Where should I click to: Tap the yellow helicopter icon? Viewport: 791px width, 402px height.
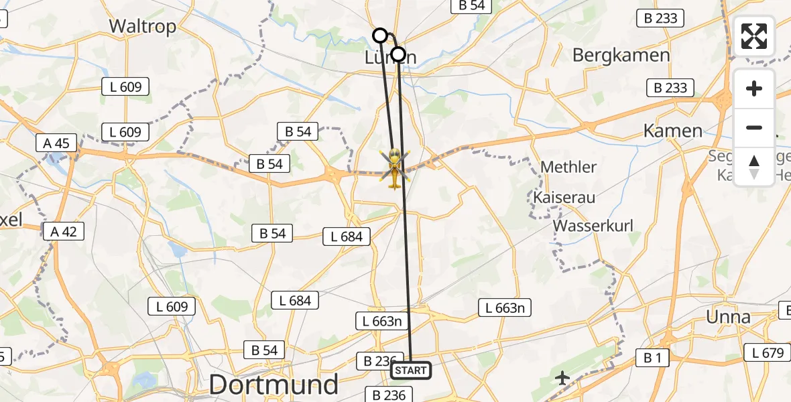coord(394,167)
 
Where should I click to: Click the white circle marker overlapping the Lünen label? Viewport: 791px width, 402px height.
coord(398,54)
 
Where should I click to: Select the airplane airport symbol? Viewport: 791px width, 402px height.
coord(562,378)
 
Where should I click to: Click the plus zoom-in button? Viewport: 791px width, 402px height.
coord(754,88)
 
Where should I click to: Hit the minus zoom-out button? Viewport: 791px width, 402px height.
coord(754,127)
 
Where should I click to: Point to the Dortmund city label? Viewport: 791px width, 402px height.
coord(273,385)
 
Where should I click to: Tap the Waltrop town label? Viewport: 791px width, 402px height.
coord(142,26)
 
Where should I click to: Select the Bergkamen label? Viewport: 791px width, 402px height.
coord(621,55)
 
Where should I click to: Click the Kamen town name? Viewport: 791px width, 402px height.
coord(673,131)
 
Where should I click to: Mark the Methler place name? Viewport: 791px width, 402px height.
coord(568,167)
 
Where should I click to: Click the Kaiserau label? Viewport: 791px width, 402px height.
coord(564,198)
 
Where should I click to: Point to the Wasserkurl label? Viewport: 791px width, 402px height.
coord(593,225)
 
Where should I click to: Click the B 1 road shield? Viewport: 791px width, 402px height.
coord(653,358)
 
